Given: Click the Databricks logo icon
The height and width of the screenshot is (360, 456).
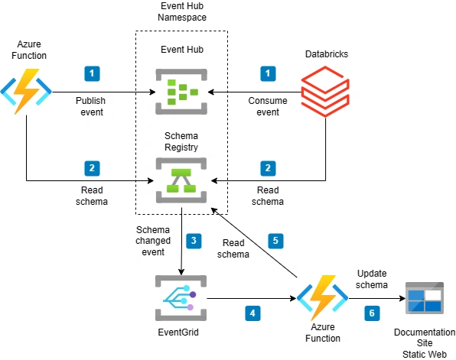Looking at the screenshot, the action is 325,91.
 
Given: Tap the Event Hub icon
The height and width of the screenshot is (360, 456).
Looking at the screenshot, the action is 181,92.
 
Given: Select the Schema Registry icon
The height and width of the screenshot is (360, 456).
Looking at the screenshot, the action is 181,180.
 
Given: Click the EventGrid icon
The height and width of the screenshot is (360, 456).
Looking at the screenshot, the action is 181,298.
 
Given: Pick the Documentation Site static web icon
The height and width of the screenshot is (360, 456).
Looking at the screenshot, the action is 425,298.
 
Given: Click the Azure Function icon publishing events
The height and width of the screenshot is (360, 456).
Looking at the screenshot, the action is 26,92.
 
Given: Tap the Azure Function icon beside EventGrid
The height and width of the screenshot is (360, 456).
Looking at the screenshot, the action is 323,298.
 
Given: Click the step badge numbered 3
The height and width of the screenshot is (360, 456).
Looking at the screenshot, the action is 194,241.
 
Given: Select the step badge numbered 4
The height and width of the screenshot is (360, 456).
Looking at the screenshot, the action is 252,313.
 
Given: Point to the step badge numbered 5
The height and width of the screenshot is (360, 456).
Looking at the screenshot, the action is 275,241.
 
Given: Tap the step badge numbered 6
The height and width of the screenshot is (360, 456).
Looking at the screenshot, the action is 372,313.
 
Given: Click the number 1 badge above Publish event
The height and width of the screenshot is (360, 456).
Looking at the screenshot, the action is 92,73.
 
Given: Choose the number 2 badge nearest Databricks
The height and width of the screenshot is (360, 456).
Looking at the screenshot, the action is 268,168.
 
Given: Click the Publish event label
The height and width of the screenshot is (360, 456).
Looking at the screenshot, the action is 91,106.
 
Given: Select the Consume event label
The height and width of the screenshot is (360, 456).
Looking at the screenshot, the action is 268,106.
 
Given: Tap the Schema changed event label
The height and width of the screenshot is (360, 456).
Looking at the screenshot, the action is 153,241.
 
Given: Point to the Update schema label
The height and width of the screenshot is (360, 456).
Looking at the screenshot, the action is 372,279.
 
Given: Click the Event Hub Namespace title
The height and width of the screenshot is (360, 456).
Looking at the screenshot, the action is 182,11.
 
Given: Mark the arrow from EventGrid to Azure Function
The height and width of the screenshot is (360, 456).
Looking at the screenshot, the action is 252,298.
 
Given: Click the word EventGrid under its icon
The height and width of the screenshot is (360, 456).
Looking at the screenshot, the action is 178,332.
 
